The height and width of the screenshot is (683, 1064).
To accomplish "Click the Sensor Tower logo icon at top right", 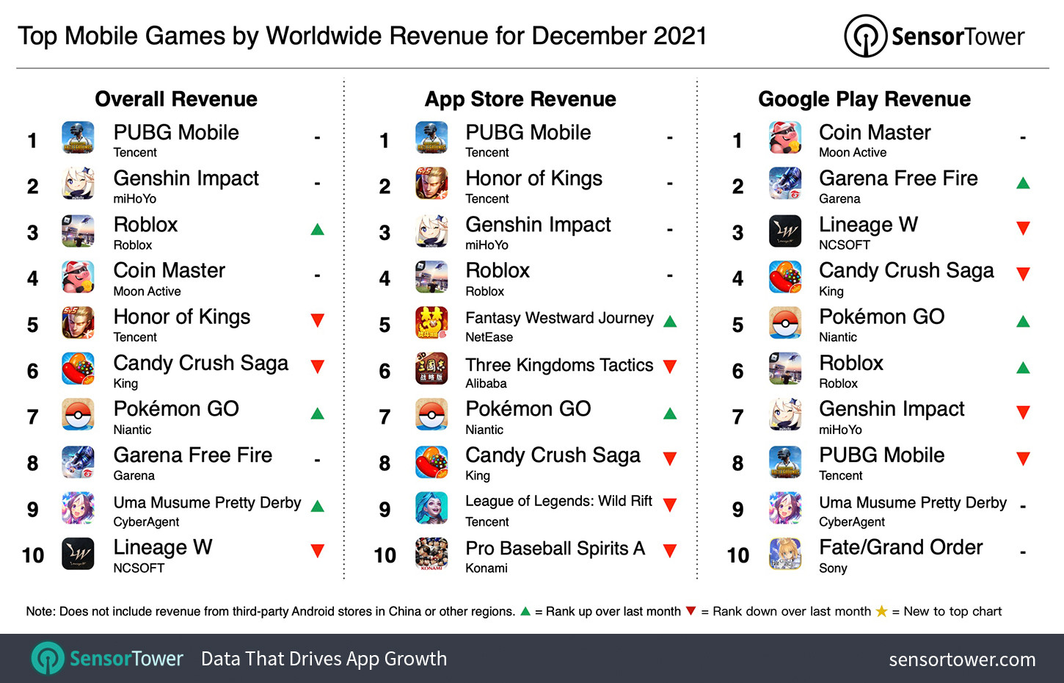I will [x=865, y=36].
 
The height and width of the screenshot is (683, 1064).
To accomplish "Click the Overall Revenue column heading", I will [x=176, y=99].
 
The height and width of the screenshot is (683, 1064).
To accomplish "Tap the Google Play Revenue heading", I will [x=864, y=99].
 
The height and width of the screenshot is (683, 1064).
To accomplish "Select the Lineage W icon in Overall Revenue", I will [x=78, y=554].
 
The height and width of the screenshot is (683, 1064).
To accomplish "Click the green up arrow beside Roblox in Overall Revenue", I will [x=318, y=229].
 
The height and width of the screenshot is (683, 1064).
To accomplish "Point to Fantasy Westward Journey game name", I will [x=559, y=318].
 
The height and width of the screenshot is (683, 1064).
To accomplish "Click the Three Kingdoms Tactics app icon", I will [x=431, y=370].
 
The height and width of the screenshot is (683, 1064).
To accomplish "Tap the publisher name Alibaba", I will [x=486, y=383].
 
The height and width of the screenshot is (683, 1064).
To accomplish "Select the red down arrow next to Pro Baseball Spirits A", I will [x=670, y=551].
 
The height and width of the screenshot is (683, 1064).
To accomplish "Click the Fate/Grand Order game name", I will [x=900, y=547].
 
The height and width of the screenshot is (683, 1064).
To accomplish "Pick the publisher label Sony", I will [x=833, y=568].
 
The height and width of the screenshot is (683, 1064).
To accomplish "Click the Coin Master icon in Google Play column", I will [x=784, y=138].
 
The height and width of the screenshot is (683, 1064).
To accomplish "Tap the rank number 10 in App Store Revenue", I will [x=385, y=555].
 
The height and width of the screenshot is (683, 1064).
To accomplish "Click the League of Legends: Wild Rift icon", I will [x=431, y=508].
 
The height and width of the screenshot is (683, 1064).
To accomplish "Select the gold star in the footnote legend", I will [x=881, y=611].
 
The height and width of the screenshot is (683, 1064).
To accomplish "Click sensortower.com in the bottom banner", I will [x=962, y=659].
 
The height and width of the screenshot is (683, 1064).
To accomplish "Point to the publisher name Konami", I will [x=486, y=568].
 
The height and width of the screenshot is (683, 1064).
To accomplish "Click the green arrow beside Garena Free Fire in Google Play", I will [x=1023, y=183].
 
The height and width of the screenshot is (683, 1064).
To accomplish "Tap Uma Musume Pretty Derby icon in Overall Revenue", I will [x=78, y=508].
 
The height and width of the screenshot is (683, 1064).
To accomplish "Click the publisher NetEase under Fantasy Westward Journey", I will [x=489, y=337].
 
